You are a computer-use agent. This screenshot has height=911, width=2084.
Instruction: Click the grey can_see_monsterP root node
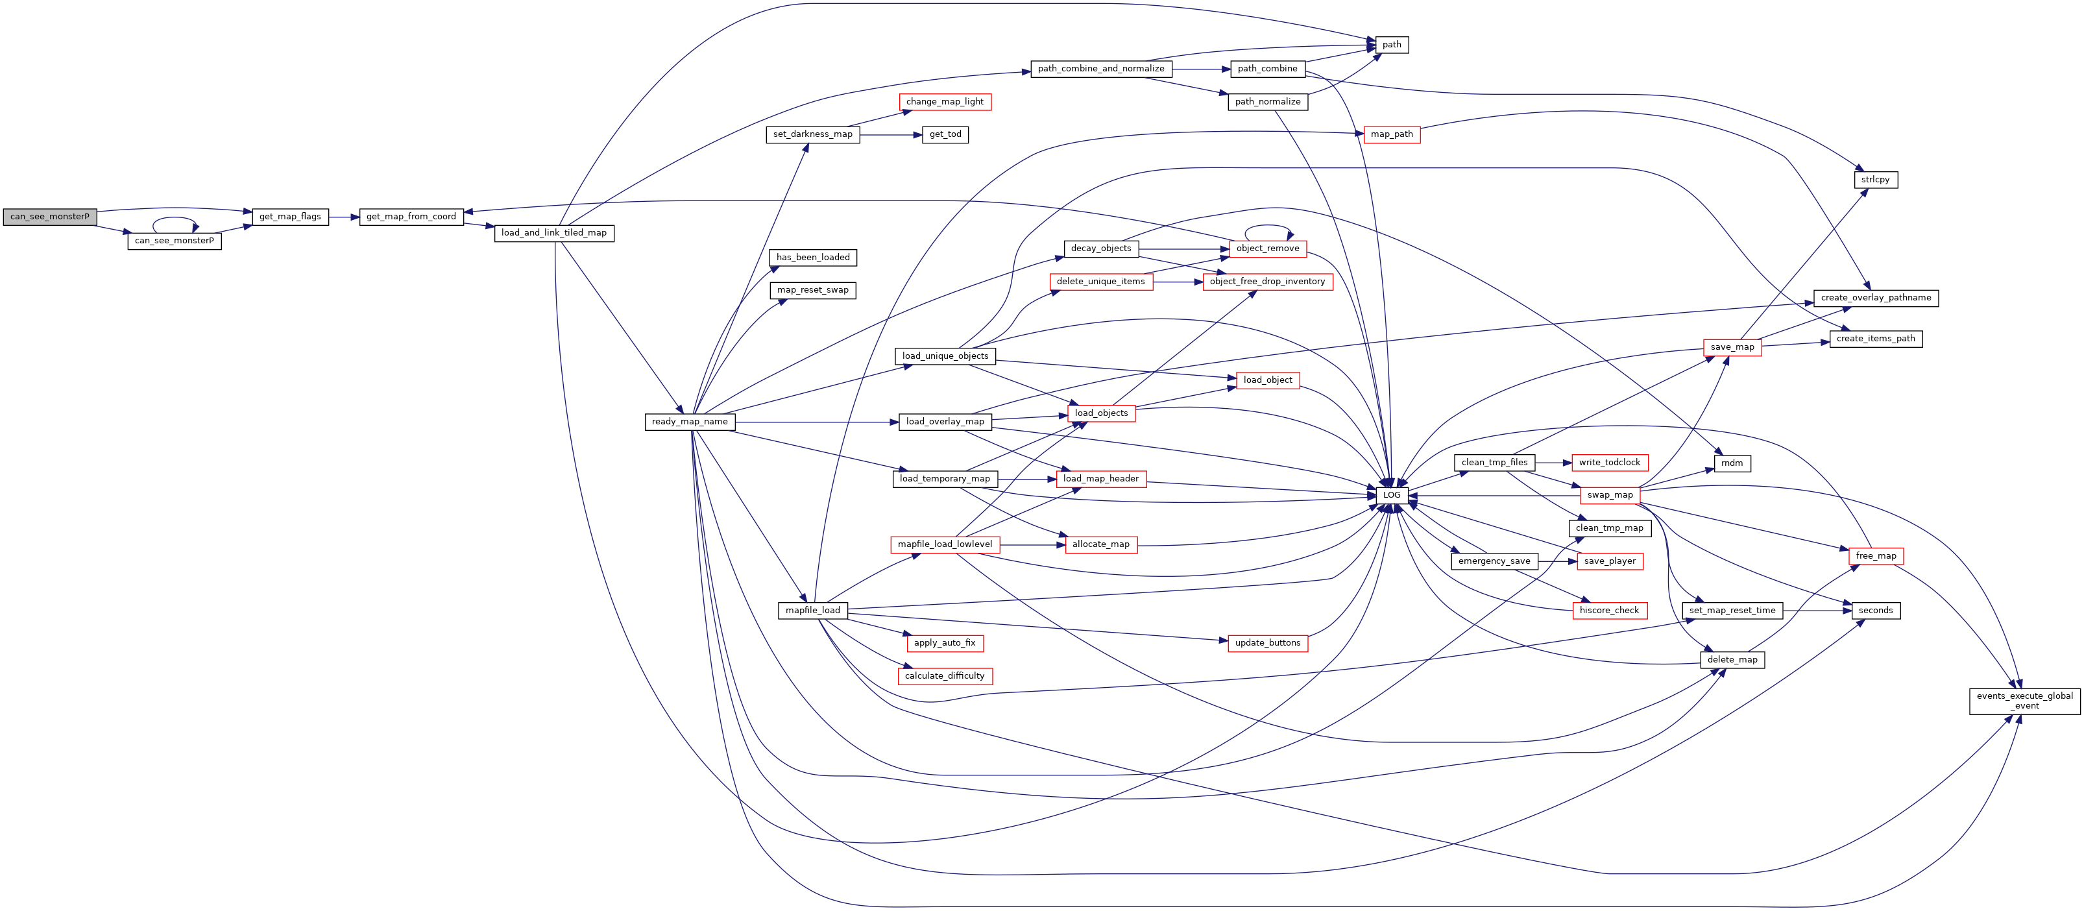50,217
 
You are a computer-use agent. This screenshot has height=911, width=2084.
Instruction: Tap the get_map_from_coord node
411,217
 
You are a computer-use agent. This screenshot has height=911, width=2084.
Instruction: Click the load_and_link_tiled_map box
554,233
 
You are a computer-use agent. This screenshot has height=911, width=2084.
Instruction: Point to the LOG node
1392,495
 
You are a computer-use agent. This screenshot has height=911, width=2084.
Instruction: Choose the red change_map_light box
945,102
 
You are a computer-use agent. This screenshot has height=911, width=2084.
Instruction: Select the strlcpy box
1875,180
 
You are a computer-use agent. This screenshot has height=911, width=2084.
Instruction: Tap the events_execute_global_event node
2025,701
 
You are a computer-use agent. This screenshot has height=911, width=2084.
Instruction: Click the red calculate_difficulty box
945,676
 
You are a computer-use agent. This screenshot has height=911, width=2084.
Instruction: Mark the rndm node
1732,463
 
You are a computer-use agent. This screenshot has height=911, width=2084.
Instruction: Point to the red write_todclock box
1610,463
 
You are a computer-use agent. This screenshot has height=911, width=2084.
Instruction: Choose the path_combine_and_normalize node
1101,69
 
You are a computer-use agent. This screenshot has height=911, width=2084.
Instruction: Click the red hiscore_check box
1609,611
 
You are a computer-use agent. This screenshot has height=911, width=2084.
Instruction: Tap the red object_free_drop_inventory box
1268,282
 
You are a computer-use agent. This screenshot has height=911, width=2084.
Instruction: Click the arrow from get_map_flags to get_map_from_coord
344,217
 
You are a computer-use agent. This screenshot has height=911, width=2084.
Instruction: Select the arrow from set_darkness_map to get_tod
891,134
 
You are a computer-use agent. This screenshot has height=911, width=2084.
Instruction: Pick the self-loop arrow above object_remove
1268,226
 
